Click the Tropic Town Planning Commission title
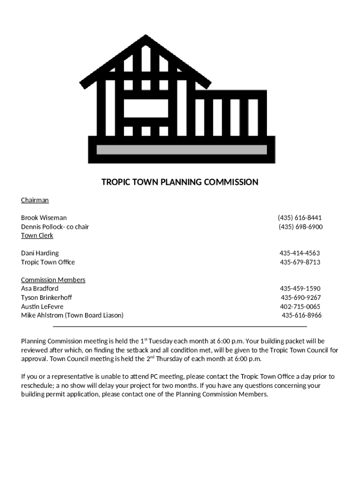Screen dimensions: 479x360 pyautogui.click(x=180, y=182)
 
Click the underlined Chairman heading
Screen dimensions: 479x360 pyautogui.click(x=35, y=200)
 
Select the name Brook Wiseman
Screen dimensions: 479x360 pyautogui.click(x=43, y=218)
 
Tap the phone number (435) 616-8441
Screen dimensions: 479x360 pyautogui.click(x=300, y=218)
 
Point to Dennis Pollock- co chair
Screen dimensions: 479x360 pyautogui.click(x=55, y=227)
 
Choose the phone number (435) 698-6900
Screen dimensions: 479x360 pyautogui.click(x=300, y=227)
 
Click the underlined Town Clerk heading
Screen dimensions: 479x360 pyautogui.click(x=37, y=235)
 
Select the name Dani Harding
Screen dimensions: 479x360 pyautogui.click(x=40, y=254)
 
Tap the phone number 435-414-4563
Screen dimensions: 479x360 pyautogui.click(x=300, y=254)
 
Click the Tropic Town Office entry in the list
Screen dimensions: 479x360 pyautogui.click(x=48, y=262)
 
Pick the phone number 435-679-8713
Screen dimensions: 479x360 pyautogui.click(x=300, y=262)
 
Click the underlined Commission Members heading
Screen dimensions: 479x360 pyautogui.click(x=53, y=280)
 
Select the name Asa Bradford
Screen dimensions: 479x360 pyautogui.click(x=40, y=289)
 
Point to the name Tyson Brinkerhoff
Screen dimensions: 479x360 pyautogui.click(x=46, y=298)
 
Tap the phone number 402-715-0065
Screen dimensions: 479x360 pyautogui.click(x=300, y=307)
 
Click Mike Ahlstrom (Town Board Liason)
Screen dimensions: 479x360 pyautogui.click(x=72, y=316)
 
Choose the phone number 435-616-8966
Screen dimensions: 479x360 pyautogui.click(x=302, y=316)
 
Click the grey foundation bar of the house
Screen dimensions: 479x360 pyautogui.click(x=181, y=150)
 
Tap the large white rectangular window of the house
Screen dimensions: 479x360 pyautogui.click(x=145, y=109)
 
